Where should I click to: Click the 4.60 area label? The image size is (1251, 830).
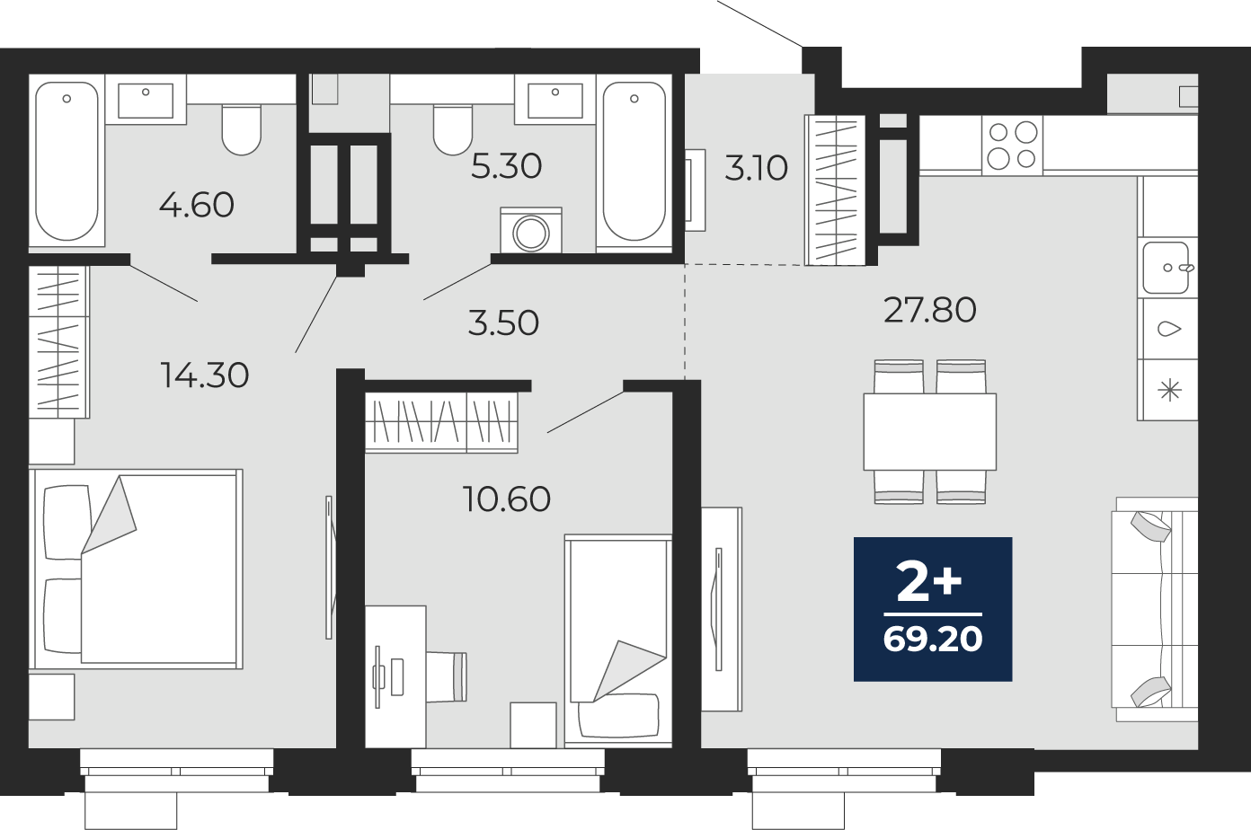click(197, 205)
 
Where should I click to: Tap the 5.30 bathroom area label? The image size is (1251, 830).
click(507, 166)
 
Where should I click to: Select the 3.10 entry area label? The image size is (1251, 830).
click(756, 168)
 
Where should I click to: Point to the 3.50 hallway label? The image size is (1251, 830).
click(503, 322)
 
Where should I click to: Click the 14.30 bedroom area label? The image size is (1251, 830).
click(205, 375)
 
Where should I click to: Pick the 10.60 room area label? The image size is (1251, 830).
click(507, 499)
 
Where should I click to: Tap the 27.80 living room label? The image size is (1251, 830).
click(930, 310)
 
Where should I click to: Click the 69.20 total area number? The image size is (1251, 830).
click(933, 640)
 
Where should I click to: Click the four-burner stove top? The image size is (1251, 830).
click(1012, 146)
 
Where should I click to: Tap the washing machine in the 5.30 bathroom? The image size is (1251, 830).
click(530, 230)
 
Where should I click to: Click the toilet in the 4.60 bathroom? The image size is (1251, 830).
click(241, 129)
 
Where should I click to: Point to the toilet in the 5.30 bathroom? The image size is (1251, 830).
click(453, 129)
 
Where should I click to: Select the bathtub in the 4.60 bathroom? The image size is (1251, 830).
click(67, 161)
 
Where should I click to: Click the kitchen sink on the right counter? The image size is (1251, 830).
click(1167, 268)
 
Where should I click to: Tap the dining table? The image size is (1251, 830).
click(930, 431)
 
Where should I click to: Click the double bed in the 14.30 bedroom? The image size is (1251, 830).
click(136, 569)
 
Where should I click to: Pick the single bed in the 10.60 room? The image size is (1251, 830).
click(618, 640)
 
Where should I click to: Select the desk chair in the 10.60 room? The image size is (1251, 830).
click(447, 675)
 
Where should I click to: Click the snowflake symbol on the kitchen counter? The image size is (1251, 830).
click(1169, 390)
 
